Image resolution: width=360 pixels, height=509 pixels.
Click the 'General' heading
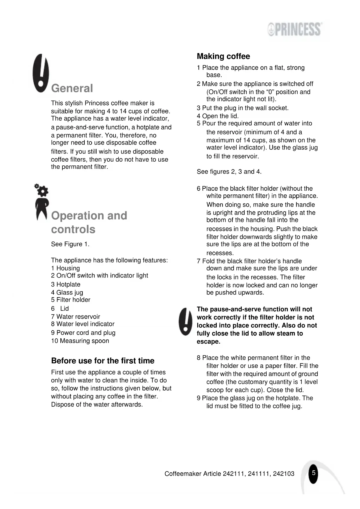(72, 89)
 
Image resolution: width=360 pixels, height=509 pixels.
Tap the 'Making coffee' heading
(223, 56)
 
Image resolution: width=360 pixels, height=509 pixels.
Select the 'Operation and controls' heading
(89, 222)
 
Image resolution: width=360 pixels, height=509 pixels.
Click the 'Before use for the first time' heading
(103, 361)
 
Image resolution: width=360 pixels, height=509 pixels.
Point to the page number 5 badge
(313, 473)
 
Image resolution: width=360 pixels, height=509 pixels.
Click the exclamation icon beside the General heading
(41, 73)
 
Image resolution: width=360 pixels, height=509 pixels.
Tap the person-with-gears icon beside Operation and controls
(41, 202)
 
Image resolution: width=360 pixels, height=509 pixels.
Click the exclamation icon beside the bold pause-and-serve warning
(185, 322)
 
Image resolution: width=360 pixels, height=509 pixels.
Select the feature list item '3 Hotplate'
(66, 284)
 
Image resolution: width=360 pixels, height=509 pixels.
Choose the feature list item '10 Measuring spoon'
(80, 341)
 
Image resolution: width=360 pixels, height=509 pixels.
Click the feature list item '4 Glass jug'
(67, 293)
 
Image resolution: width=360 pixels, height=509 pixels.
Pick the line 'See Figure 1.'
(70, 244)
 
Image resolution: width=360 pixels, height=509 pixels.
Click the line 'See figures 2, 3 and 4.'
(229, 172)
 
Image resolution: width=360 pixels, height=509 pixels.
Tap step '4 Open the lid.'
(218, 116)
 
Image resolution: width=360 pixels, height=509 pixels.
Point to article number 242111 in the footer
(234, 474)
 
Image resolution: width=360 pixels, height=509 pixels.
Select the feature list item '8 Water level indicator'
(83, 324)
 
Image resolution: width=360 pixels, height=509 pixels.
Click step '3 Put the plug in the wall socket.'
(243, 108)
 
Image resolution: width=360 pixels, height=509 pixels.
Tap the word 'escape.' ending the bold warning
(208, 342)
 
